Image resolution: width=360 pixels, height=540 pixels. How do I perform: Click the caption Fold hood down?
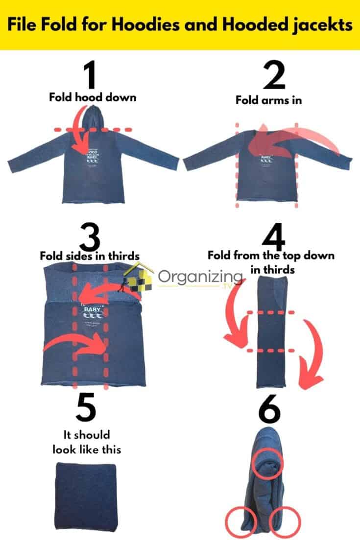pyautogui.click(x=92, y=97)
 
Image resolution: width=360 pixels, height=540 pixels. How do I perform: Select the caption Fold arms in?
pyautogui.click(x=268, y=100)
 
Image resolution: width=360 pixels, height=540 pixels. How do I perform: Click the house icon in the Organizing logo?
pyautogui.click(x=139, y=277)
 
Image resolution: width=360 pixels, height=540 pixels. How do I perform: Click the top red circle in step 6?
pyautogui.click(x=267, y=463)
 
